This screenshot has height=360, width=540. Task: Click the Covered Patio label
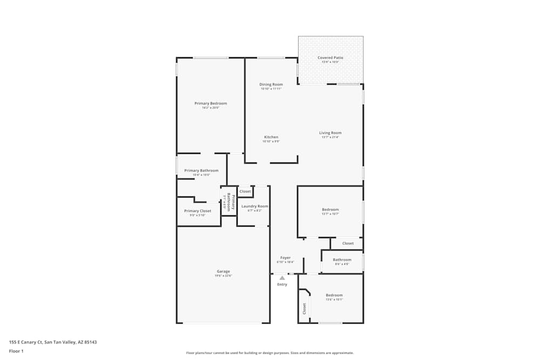point(330,57)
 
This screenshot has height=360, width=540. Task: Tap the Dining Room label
point(271,84)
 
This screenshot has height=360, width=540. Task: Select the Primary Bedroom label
point(211,103)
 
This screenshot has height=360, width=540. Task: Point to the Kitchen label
point(271,137)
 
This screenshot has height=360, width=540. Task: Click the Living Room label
point(330,133)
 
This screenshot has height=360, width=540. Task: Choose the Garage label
point(223,271)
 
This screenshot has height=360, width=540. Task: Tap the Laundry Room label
point(254,206)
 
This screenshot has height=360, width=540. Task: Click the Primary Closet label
point(198,211)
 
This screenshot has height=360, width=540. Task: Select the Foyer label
point(285,258)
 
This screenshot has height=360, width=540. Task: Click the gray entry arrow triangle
point(282,278)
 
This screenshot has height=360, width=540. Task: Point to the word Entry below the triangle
point(282,284)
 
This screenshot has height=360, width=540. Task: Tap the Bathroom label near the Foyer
point(342,260)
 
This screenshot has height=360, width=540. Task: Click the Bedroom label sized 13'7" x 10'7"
point(330,209)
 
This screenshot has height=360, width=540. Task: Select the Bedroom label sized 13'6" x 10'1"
point(334,295)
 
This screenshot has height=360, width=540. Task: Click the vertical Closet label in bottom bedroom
point(304,308)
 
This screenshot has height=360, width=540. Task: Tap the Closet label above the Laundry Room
point(245,191)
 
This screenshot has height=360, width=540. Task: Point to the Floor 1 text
point(16,351)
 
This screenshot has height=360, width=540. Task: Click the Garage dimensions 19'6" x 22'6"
point(223,276)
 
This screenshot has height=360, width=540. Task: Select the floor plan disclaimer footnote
point(270,353)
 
